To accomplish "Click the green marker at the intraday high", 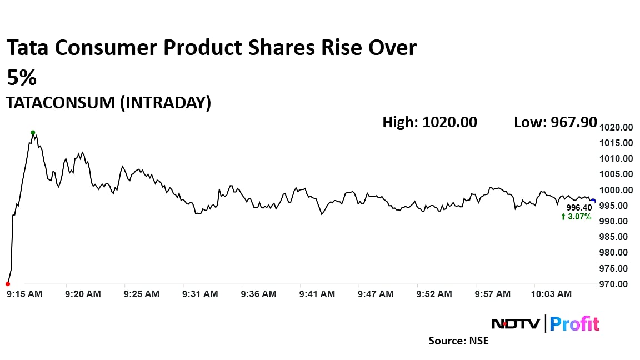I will (x=33, y=133).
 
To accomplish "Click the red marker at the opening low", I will (x=7, y=284).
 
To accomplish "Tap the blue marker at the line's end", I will (x=593, y=201).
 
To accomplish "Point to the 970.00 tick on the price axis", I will (x=618, y=284).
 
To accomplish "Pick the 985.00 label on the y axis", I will (x=618, y=237).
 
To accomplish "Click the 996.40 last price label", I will (x=579, y=208).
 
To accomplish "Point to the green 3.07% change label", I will (x=577, y=216).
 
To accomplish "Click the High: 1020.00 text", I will (x=429, y=122).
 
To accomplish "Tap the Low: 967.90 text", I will (x=556, y=122).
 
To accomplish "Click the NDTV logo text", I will (x=515, y=323).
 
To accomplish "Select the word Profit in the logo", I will (x=575, y=323).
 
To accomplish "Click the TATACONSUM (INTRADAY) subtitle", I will (x=108, y=103).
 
